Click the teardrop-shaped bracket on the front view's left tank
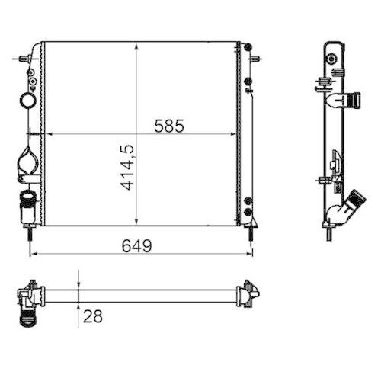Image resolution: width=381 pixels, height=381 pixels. tap(27, 164)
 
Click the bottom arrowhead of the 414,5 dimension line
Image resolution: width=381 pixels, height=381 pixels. tap(136, 223)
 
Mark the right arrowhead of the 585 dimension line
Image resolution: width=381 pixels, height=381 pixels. tap(235, 135)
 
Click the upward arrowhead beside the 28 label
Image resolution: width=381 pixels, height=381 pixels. tap(78, 306)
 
